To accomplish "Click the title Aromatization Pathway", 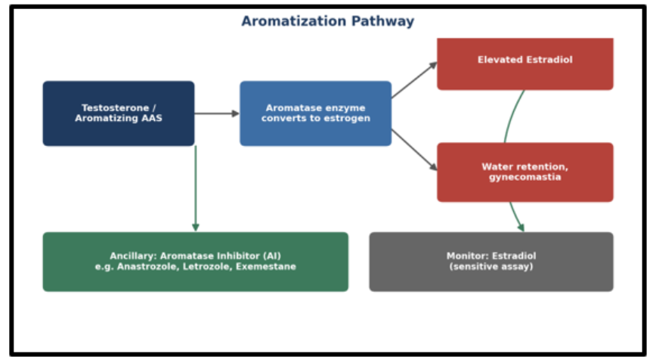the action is tap(327, 21).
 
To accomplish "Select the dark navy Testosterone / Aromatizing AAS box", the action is tap(119, 113).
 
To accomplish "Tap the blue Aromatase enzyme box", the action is tap(315, 113).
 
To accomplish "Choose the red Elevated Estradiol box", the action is tap(525, 64).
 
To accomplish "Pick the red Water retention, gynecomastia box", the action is tap(525, 172).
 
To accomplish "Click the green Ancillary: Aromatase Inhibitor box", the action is tap(196, 262).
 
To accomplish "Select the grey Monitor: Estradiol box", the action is tap(491, 262).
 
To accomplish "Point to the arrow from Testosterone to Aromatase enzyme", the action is tap(217, 113).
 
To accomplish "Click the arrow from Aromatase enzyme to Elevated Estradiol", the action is tap(414, 80).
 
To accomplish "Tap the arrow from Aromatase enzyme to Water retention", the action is tap(414, 150).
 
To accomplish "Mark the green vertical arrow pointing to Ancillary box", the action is tap(196, 189).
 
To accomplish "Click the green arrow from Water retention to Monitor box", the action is tap(516, 217).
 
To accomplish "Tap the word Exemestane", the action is tap(266, 267).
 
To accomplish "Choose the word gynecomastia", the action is tap(525, 177).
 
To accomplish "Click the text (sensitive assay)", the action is tap(491, 267).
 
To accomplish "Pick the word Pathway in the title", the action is tap(382, 21).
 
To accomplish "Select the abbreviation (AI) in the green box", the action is tap(272, 256).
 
